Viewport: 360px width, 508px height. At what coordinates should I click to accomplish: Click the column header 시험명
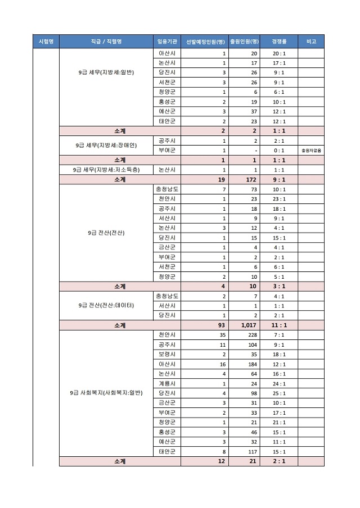[46, 42]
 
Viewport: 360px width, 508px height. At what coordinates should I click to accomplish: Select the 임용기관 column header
[167, 42]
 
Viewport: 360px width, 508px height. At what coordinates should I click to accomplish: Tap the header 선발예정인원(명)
[205, 42]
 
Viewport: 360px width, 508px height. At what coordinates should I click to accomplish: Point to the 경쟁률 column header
[278, 42]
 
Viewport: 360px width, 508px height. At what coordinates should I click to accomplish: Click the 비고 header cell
[311, 42]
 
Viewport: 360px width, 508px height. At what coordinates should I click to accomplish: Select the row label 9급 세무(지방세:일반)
[106, 72]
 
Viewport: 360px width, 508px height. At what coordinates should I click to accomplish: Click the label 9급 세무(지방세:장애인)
[106, 145]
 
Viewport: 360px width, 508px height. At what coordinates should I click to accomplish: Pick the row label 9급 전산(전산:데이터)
[106, 305]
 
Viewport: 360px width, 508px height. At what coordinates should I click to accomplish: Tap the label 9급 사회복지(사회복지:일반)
[106, 392]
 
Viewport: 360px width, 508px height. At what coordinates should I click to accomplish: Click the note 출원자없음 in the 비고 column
[311, 150]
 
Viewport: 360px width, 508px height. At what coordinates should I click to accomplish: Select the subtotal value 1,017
[248, 325]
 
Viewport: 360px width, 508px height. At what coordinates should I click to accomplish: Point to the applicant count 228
[252, 334]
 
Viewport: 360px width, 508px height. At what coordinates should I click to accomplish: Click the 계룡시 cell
[167, 383]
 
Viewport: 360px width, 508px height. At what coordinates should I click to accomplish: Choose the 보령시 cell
[167, 354]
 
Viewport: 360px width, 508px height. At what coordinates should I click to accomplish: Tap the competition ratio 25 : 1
[278, 392]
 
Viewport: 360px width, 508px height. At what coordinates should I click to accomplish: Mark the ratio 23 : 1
[278, 198]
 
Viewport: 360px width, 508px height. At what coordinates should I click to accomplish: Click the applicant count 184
[252, 364]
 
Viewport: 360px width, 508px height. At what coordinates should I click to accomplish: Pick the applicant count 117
[252, 451]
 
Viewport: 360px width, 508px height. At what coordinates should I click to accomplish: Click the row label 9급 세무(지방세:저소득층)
[106, 170]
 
